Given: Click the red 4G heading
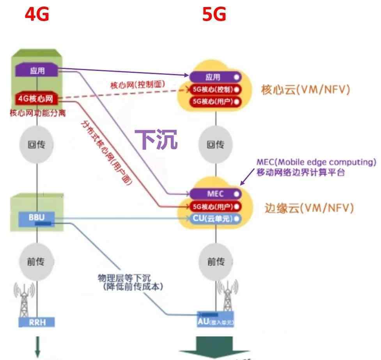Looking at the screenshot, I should pyautogui.click(x=37, y=15).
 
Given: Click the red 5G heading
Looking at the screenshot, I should pyautogui.click(x=214, y=15).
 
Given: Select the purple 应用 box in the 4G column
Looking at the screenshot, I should pyautogui.click(x=37, y=71).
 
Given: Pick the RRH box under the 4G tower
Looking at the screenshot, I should pyautogui.click(x=37, y=322).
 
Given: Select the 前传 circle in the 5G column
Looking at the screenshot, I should pyautogui.click(x=216, y=262).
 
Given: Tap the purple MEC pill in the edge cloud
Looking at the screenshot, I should pyautogui.click(x=215, y=194).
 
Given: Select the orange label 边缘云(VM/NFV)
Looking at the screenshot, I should pyautogui.click(x=309, y=208).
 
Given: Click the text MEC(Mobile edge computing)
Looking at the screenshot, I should pyautogui.click(x=316, y=162).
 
